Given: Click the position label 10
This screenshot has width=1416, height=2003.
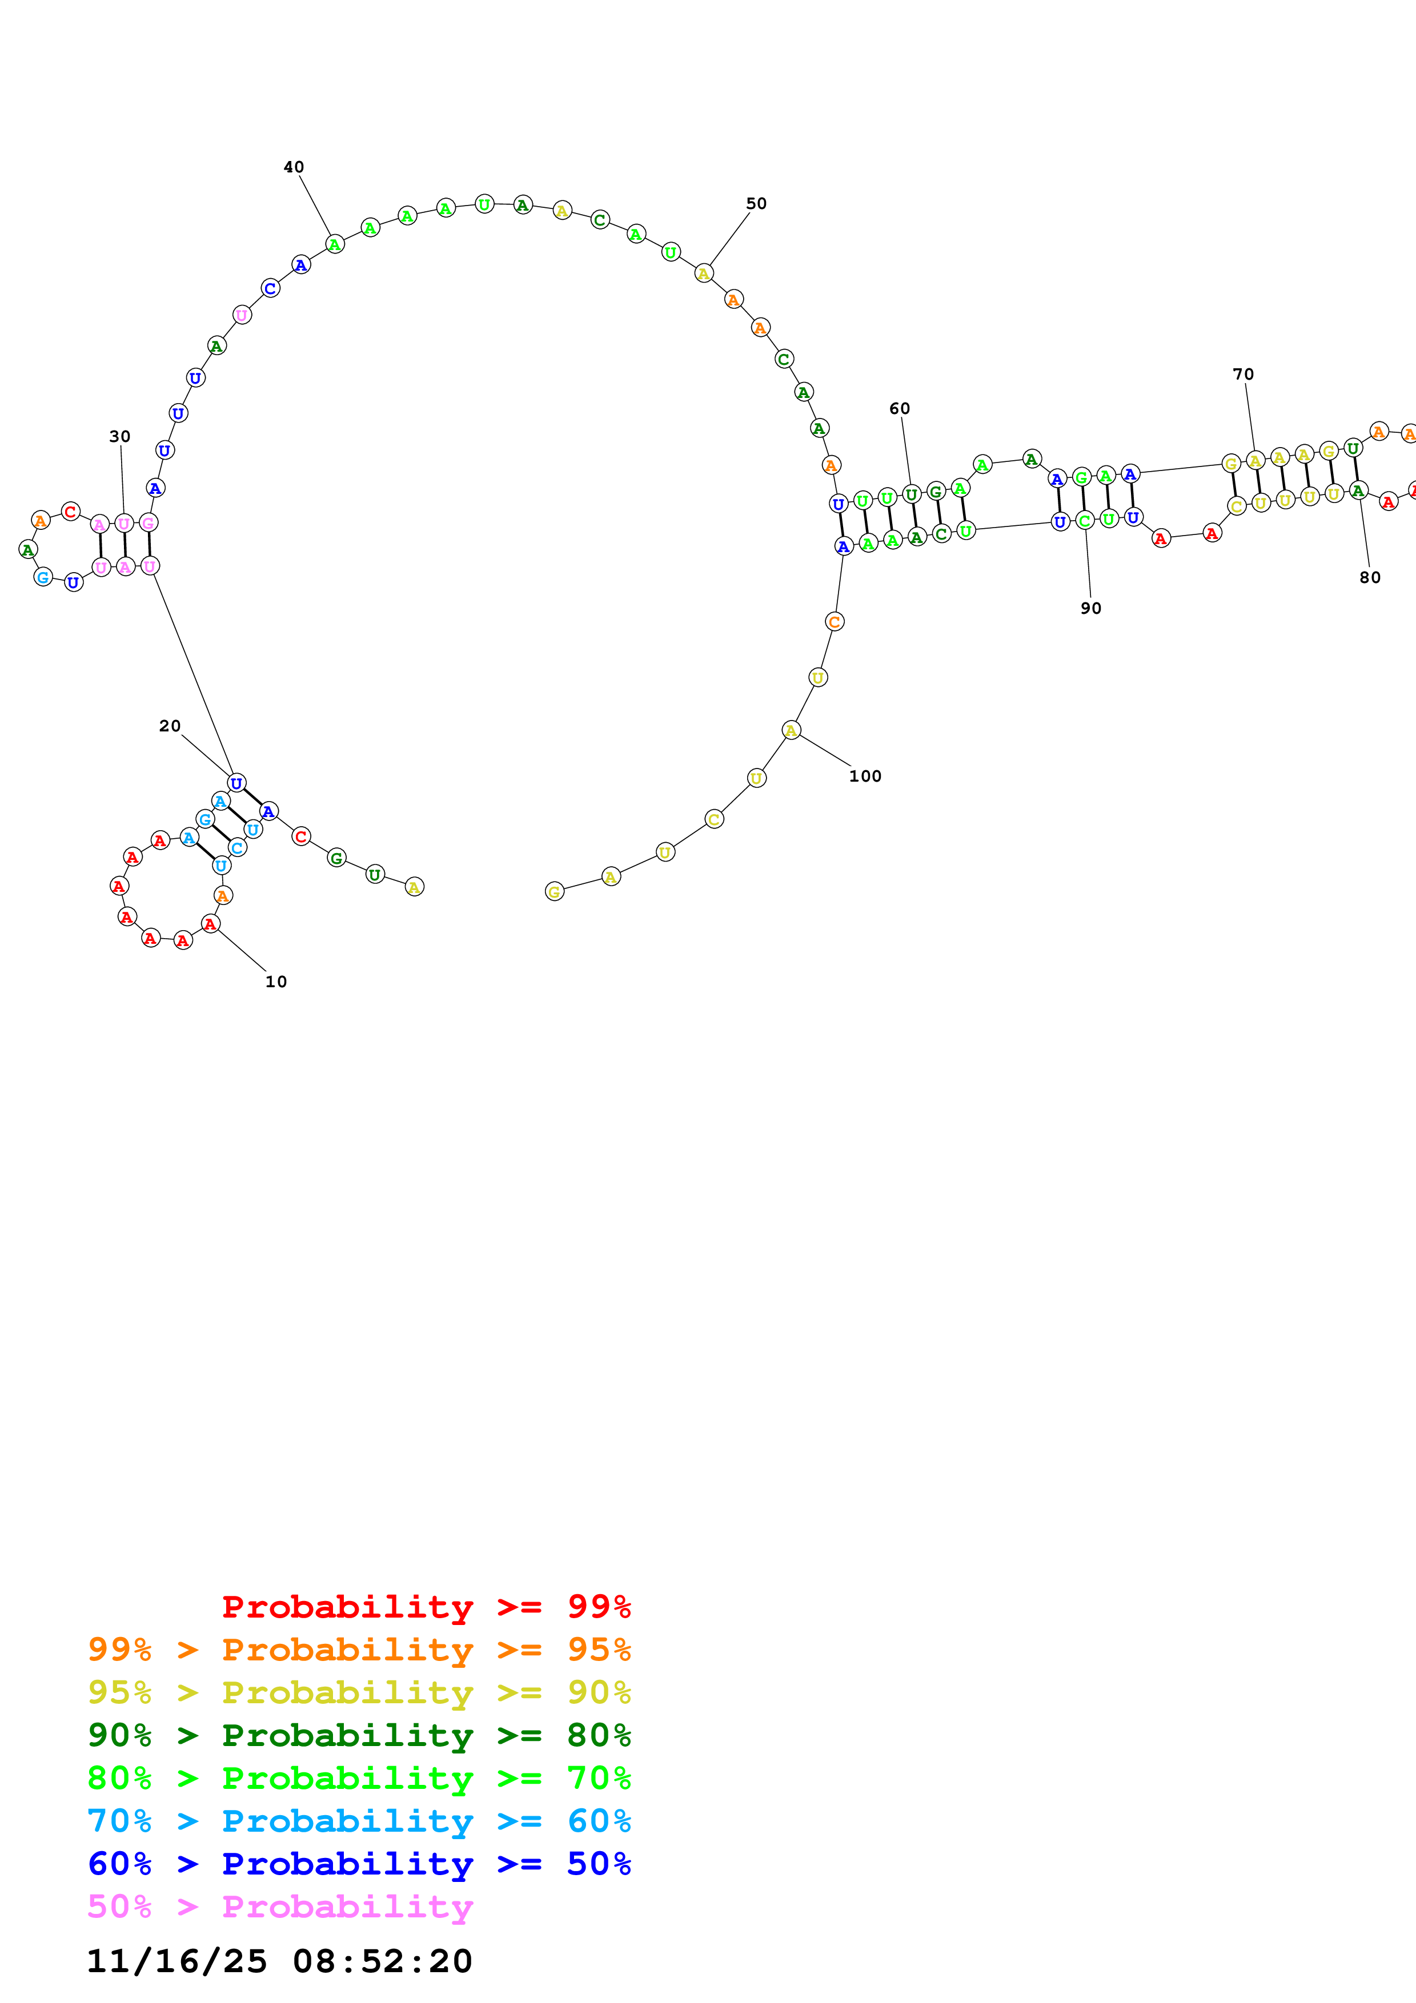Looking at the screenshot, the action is pos(276,982).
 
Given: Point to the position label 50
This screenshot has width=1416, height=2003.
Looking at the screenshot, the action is pos(756,203).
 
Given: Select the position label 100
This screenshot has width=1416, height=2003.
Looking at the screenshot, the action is pos(865,775).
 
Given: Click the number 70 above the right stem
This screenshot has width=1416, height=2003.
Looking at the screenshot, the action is pos(1242,373).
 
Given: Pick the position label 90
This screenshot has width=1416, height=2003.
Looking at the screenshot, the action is pos(1090,608).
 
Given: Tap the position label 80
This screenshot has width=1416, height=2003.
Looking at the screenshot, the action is pos(1370,577).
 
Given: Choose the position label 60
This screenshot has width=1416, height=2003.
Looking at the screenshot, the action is pos(900,408).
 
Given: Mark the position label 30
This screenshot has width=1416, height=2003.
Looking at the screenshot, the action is pos(119,436).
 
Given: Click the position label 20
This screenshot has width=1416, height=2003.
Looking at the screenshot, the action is pos(169,726).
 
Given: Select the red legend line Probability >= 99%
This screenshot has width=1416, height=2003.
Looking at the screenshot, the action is pos(426,1606).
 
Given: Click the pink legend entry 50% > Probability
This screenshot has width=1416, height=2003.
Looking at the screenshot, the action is pos(279,1906).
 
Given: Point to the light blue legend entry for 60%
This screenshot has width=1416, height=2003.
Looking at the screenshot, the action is pos(359,1821).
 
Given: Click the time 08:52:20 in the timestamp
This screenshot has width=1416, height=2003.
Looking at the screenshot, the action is pos(382,1961).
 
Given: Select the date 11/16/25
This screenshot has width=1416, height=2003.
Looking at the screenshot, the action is pos(177,1961).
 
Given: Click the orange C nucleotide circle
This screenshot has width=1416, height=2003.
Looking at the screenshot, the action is pos(834,622).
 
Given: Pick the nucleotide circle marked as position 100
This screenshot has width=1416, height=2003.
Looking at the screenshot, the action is pos(791,730).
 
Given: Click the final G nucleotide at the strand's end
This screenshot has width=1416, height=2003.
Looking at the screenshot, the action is pos(554,891).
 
